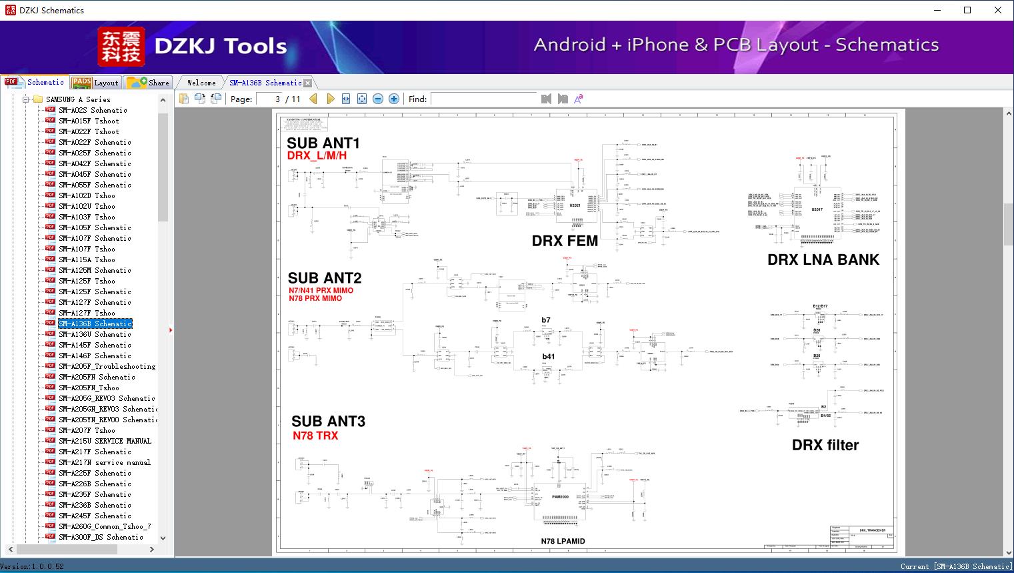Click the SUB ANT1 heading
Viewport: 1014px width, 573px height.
323,143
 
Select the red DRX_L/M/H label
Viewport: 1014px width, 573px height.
317,155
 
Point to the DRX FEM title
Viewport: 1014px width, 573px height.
565,241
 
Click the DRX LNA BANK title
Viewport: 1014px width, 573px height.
823,259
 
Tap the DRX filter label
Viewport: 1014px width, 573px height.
825,445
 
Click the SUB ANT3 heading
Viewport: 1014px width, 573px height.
328,421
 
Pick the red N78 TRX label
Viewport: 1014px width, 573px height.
315,436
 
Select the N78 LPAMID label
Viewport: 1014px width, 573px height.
563,541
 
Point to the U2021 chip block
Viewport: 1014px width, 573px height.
575,205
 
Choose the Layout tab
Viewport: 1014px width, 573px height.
96,83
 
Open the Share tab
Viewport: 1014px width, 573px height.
149,83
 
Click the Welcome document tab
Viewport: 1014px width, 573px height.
201,83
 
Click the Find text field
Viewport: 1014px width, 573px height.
483,99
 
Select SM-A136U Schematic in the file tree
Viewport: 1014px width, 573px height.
95,334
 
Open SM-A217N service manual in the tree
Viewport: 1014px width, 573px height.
104,462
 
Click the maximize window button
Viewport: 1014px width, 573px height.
967,10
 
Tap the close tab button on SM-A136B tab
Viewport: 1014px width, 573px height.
308,83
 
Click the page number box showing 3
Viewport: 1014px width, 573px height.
269,99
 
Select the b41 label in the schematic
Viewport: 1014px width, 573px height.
548,356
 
